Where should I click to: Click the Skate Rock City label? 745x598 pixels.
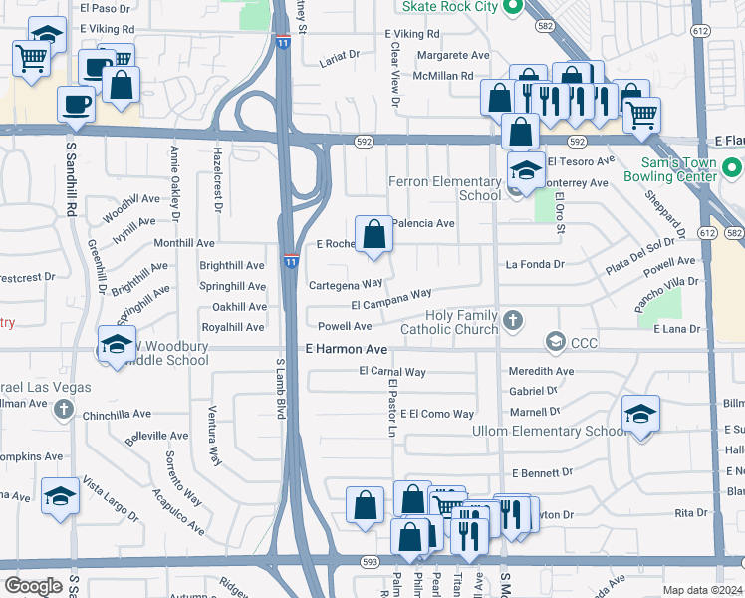pos(449,6)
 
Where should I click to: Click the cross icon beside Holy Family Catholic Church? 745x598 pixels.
pos(512,321)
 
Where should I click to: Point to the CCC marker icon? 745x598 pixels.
pos(554,343)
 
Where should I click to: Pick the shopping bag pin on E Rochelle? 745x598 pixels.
pos(373,236)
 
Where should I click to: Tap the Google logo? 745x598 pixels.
pos(33,586)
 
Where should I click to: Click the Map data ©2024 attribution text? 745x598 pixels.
pos(702,590)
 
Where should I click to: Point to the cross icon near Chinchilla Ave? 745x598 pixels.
pos(64,408)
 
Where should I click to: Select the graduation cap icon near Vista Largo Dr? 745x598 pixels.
pos(60,495)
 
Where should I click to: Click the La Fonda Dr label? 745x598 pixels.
pos(535,264)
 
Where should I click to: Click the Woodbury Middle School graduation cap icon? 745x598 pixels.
pos(117,345)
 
